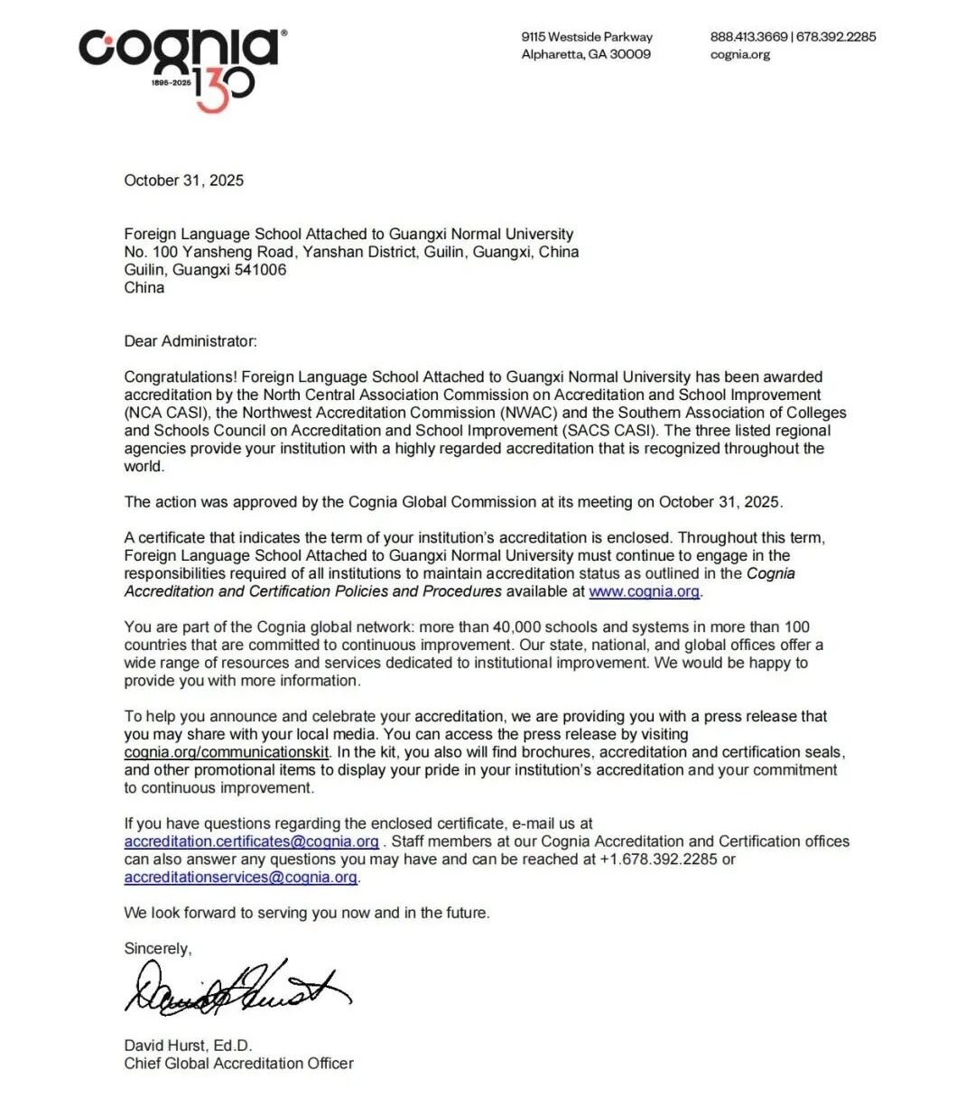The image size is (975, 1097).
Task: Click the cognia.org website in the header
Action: pyautogui.click(x=739, y=54)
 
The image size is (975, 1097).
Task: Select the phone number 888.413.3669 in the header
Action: pyautogui.click(x=747, y=37)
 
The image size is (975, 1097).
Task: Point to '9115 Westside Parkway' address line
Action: pyautogui.click(x=586, y=37)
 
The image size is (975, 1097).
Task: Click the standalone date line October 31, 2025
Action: pyautogui.click(x=183, y=181)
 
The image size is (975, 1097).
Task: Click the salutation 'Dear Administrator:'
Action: pyautogui.click(x=190, y=341)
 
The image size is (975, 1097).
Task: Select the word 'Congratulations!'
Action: pyautogui.click(x=181, y=377)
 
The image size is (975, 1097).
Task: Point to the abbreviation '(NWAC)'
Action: pyautogui.click(x=528, y=413)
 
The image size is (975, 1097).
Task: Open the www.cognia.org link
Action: pyautogui.click(x=644, y=591)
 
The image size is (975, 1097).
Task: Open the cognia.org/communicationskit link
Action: pyautogui.click(x=227, y=752)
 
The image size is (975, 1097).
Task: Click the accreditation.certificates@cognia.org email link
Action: pyautogui.click(x=251, y=841)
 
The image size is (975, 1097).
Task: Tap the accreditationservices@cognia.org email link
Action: pyautogui.click(x=240, y=878)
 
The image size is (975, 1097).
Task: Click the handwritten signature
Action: pyautogui.click(x=237, y=987)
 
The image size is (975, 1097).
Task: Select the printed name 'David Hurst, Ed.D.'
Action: pyautogui.click(x=188, y=1046)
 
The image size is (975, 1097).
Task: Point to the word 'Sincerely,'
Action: pyautogui.click(x=158, y=949)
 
